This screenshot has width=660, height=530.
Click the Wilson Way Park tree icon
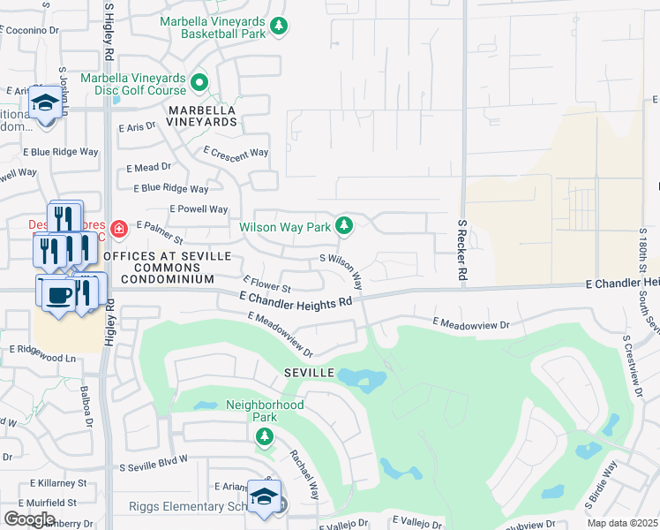[344, 226]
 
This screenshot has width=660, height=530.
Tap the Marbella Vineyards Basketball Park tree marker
[280, 26]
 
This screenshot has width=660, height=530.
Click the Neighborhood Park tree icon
[264, 435]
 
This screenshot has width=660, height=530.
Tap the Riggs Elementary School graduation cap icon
[264, 497]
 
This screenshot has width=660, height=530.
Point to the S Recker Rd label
[461, 251]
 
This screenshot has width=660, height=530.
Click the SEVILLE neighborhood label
[309, 374]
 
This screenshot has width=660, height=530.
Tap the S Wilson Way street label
[343, 269]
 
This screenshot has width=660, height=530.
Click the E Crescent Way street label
[236, 152]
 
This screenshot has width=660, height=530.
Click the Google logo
[30, 519]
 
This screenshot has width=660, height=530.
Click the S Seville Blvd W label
[154, 463]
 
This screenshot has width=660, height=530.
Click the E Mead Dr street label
[148, 167]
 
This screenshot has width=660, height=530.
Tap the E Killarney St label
[58, 484]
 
